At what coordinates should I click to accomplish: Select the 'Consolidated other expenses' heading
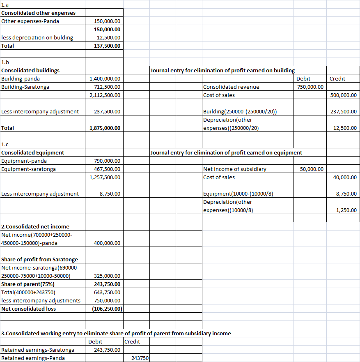click(x=39, y=13)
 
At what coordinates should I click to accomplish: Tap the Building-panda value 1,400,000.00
click(x=105, y=78)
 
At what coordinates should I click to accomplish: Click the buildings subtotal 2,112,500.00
click(x=105, y=95)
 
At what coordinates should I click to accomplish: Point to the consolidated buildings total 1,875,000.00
click(x=105, y=128)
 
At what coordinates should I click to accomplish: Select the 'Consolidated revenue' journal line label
click(x=231, y=87)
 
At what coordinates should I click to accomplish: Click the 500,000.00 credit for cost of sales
click(x=343, y=95)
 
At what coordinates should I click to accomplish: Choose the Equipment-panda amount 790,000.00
click(x=107, y=161)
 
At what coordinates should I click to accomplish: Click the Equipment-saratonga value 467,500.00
click(x=107, y=169)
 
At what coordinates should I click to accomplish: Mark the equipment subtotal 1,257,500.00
click(x=105, y=177)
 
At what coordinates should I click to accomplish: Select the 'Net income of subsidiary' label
click(x=235, y=169)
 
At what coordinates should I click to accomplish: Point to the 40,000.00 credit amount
click(x=345, y=177)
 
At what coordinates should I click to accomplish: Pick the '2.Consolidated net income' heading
click(x=35, y=226)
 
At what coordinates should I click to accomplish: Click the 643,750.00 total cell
click(x=107, y=292)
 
